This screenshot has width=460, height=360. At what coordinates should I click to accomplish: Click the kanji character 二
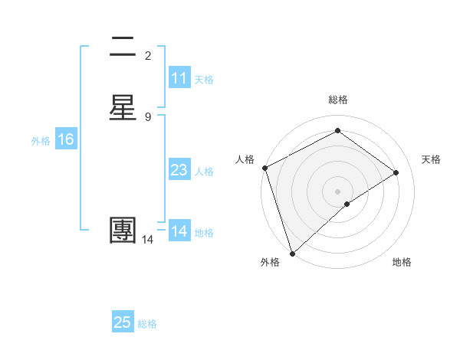[x=123, y=47]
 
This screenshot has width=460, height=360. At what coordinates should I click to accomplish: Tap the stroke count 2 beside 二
[x=148, y=55]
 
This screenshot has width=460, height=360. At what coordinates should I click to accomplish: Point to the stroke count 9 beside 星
[x=148, y=116]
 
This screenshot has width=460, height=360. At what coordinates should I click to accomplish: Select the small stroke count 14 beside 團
[x=148, y=240]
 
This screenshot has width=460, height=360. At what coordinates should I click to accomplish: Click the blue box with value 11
[x=179, y=78]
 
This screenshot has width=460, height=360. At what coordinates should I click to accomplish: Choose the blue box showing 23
[x=179, y=170]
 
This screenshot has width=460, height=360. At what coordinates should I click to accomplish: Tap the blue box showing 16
[x=66, y=139]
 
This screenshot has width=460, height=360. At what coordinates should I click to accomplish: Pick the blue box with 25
[x=123, y=322]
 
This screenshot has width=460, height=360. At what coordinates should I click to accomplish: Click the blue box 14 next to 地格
[x=179, y=231]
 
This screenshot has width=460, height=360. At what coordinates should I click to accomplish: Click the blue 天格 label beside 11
[x=204, y=80]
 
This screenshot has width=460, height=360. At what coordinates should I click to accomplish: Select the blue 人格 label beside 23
[x=204, y=172]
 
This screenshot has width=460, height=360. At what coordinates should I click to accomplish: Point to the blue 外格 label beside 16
[x=41, y=141]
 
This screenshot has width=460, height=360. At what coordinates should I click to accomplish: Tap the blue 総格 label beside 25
[x=147, y=324]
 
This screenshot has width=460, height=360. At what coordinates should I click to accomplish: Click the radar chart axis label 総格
[x=338, y=100]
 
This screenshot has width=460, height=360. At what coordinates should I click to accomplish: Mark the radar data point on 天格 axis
[x=396, y=172]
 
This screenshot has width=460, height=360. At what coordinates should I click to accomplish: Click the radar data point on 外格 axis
[x=291, y=253]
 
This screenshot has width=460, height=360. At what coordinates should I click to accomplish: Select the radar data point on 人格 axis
[x=264, y=168]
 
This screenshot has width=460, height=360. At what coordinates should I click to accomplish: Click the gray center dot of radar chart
[x=338, y=191]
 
